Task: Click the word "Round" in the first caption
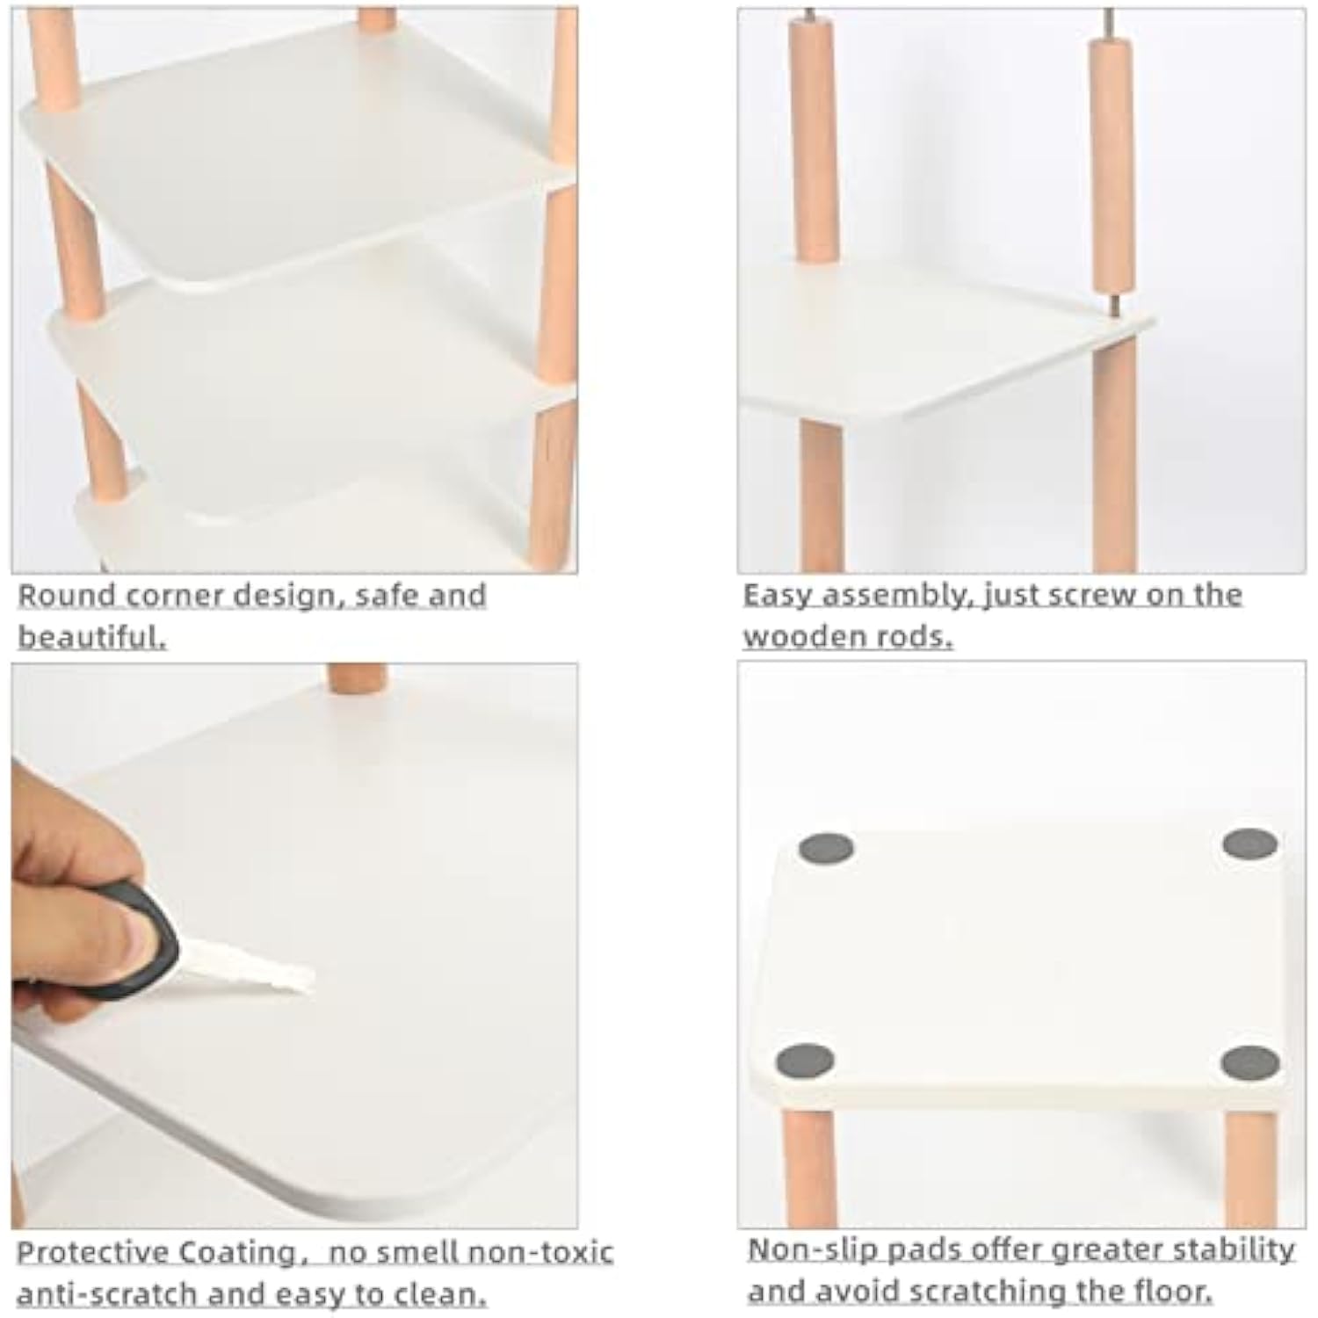click(68, 596)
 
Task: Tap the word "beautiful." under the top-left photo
click(91, 636)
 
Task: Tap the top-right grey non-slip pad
click(1250, 844)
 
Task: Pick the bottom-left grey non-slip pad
click(805, 1061)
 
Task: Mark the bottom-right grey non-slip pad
click(1250, 1063)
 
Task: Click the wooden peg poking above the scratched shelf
click(357, 678)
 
